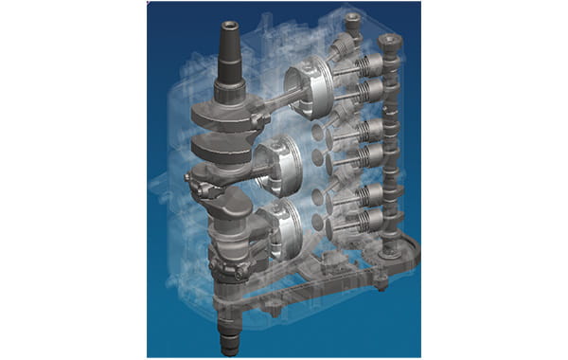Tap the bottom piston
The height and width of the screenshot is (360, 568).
pos(280,224)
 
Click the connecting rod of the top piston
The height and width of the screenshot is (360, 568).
pos(271,99)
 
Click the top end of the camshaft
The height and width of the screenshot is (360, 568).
pos(387,43)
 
